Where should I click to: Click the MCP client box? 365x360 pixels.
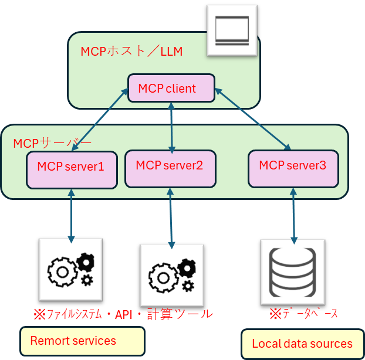tap(171, 88)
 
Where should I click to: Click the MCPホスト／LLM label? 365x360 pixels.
tap(131, 52)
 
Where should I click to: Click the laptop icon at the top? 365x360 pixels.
tap(232, 30)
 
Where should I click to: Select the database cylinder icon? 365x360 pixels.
tap(292, 271)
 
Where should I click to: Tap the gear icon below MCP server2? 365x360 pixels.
tap(171, 276)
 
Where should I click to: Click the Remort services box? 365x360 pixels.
tap(82, 341)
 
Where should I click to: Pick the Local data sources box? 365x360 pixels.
tap(302, 344)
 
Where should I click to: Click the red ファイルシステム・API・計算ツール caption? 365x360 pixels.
tap(123, 314)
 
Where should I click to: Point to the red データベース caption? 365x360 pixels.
tap(303, 314)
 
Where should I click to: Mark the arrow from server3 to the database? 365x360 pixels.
tap(292, 216)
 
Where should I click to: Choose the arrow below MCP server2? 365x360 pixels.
tap(171, 217)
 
